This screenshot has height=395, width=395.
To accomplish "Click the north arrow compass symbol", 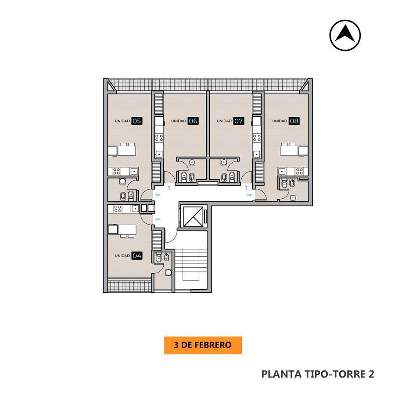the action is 345,35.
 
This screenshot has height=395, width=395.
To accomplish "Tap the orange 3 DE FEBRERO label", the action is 203,345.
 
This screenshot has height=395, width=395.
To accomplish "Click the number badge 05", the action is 137,121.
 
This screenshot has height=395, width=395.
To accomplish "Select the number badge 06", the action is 193,121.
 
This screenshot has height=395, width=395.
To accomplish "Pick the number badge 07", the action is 239,121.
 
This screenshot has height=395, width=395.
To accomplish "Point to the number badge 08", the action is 294,121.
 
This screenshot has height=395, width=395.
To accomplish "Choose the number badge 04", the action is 137,256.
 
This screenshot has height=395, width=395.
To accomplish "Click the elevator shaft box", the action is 194,217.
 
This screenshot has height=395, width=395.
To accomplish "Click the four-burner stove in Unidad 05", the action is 116,172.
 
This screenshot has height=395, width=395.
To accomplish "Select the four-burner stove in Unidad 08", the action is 299,172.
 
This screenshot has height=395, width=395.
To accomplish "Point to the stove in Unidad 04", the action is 117,209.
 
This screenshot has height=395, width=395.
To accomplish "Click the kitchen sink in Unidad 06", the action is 159,154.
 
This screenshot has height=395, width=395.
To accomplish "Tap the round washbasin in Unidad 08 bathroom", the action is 292,198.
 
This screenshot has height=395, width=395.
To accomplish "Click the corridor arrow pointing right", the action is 249,195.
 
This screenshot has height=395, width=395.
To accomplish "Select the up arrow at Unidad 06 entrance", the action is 169,187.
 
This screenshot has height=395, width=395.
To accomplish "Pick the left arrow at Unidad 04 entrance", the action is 158,219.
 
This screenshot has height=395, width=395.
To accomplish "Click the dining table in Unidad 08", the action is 290,150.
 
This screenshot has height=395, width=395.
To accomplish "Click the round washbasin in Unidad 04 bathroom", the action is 169,272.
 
